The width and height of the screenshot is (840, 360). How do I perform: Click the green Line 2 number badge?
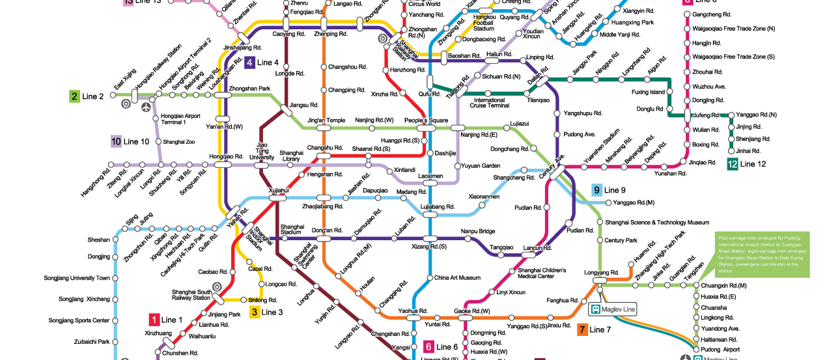tap(75, 96)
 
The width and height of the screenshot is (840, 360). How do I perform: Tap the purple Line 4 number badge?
tap(249, 62)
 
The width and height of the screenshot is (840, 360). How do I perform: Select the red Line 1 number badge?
tap(154, 319)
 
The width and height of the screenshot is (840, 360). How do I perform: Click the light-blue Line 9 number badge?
tap(596, 189)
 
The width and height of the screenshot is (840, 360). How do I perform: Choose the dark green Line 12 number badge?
tap(733, 164)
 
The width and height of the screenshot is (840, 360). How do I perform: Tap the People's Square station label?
tap(426, 120)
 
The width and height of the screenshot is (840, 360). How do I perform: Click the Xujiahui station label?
tap(278, 190)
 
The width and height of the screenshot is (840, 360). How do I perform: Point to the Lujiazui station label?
tap(520, 122)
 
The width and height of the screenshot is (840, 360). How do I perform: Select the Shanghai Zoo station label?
tap(178, 141)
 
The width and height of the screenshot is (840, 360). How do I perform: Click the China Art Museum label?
tap(457, 278)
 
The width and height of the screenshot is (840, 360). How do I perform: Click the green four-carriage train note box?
tap(762, 254)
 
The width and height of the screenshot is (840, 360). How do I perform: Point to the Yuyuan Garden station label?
tap(482, 166)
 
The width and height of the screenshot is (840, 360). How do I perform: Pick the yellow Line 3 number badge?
tap(255, 312)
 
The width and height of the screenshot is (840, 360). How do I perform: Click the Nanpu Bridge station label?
tap(478, 231)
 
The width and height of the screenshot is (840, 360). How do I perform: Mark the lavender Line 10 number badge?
tap(116, 141)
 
